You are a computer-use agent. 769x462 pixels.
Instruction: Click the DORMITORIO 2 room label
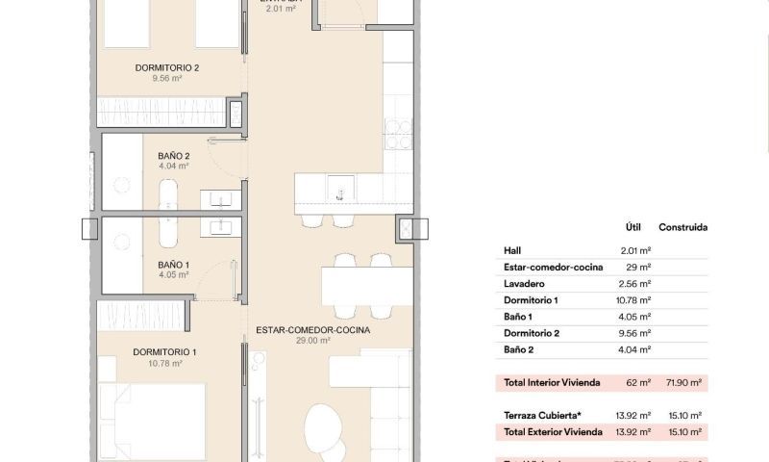click(167, 67)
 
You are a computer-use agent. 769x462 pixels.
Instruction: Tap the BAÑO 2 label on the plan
click(173, 155)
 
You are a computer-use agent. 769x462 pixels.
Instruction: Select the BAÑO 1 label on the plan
click(173, 264)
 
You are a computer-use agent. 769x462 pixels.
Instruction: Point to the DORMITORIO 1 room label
click(165, 351)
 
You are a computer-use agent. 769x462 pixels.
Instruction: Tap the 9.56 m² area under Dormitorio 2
click(167, 79)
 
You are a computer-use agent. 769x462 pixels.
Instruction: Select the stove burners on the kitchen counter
click(397, 134)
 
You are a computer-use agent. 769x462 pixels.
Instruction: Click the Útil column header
click(633, 228)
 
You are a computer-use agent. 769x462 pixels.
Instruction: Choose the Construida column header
click(682, 228)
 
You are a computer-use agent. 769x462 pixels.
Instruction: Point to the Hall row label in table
click(512, 250)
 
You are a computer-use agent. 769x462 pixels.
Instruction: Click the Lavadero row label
click(524, 283)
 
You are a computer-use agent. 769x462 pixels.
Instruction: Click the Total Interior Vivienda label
click(552, 382)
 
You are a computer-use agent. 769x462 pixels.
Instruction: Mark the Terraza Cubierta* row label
click(537, 415)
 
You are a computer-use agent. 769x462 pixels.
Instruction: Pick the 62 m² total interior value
click(639, 382)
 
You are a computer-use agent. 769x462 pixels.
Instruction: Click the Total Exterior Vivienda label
click(553, 431)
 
